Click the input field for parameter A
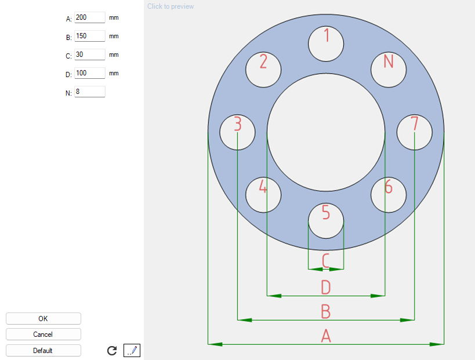tap(90, 17)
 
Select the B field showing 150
tap(90, 36)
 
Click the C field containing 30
tap(90, 54)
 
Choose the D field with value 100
tap(90, 73)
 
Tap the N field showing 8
tap(90, 92)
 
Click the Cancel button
tap(43, 334)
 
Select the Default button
tap(43, 351)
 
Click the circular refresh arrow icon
tap(113, 351)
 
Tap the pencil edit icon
tap(132, 350)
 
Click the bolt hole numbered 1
tap(326, 43)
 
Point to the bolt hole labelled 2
tap(263, 70)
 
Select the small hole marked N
tap(389, 70)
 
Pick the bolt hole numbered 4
tap(263, 195)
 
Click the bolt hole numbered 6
tap(389, 195)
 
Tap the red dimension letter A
tap(326, 335)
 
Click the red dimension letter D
tap(326, 287)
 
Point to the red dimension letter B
tap(326, 311)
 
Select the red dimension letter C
tap(326, 260)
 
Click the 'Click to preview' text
tap(171, 6)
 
